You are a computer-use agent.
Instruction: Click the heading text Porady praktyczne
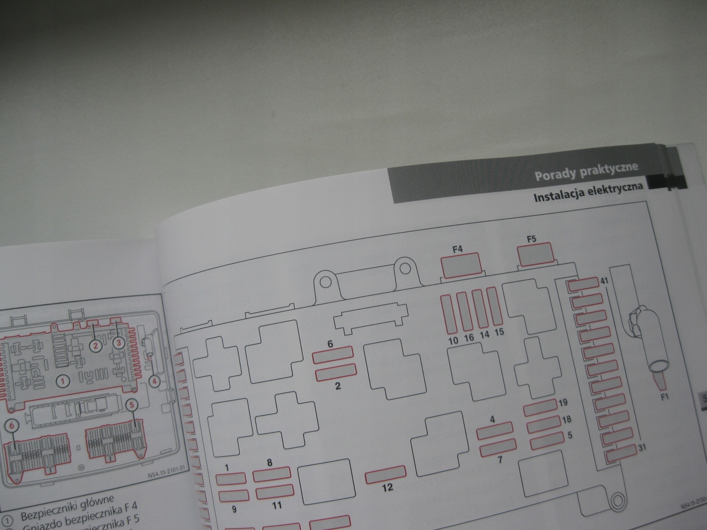[586, 172]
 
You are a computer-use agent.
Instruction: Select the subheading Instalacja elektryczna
[588, 194]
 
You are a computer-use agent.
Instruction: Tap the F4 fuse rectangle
[460, 265]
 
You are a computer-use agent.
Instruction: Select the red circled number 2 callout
[95, 346]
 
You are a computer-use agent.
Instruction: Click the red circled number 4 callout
[155, 381]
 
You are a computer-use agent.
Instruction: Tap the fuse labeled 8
[272, 476]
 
